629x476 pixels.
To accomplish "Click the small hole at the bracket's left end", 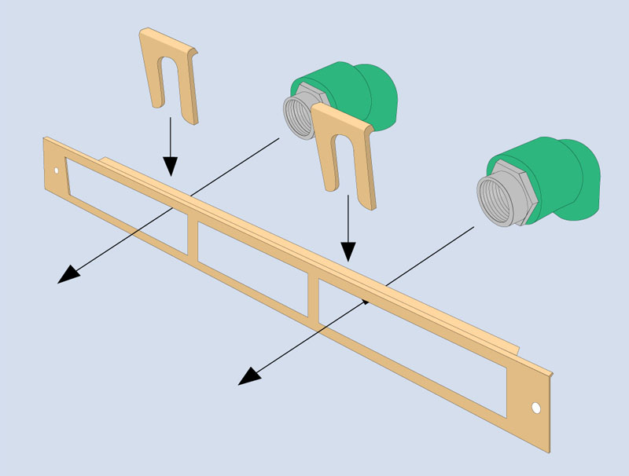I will click(x=56, y=170).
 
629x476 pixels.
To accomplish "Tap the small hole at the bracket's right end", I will click(x=535, y=408).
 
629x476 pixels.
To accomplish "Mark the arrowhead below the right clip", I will click(x=348, y=251).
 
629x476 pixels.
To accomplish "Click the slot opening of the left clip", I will click(x=170, y=86).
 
